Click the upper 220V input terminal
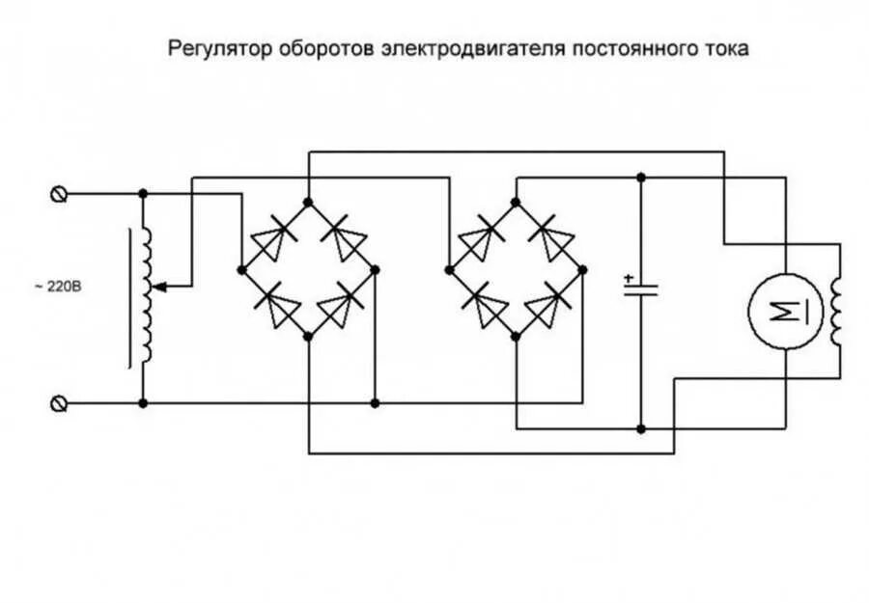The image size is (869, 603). [x=59, y=194]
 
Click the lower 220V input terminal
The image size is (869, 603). [x=59, y=402]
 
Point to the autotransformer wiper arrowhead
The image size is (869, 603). [x=159, y=287]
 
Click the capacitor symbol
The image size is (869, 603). [x=639, y=289]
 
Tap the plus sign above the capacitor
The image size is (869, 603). [x=629, y=277]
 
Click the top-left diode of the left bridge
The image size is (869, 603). [x=273, y=234]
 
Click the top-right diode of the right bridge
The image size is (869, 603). [x=550, y=234]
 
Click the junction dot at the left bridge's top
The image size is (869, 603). [x=308, y=202]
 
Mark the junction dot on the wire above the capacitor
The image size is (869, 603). [x=639, y=178]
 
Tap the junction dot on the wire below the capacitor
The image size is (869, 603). [x=639, y=427]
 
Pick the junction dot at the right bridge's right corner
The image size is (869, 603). [x=583, y=269]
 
